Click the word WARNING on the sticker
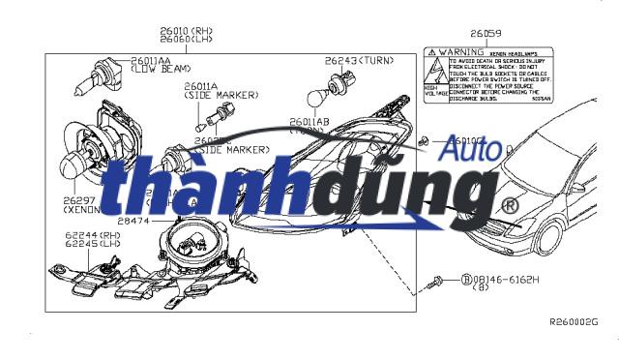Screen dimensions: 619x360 pos(460,49)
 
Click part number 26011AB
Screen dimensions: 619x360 pos(309,122)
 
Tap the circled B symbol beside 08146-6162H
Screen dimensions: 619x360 pos(465,279)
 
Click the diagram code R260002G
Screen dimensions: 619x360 pos(574,320)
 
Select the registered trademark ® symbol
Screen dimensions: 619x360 pos(509,206)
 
